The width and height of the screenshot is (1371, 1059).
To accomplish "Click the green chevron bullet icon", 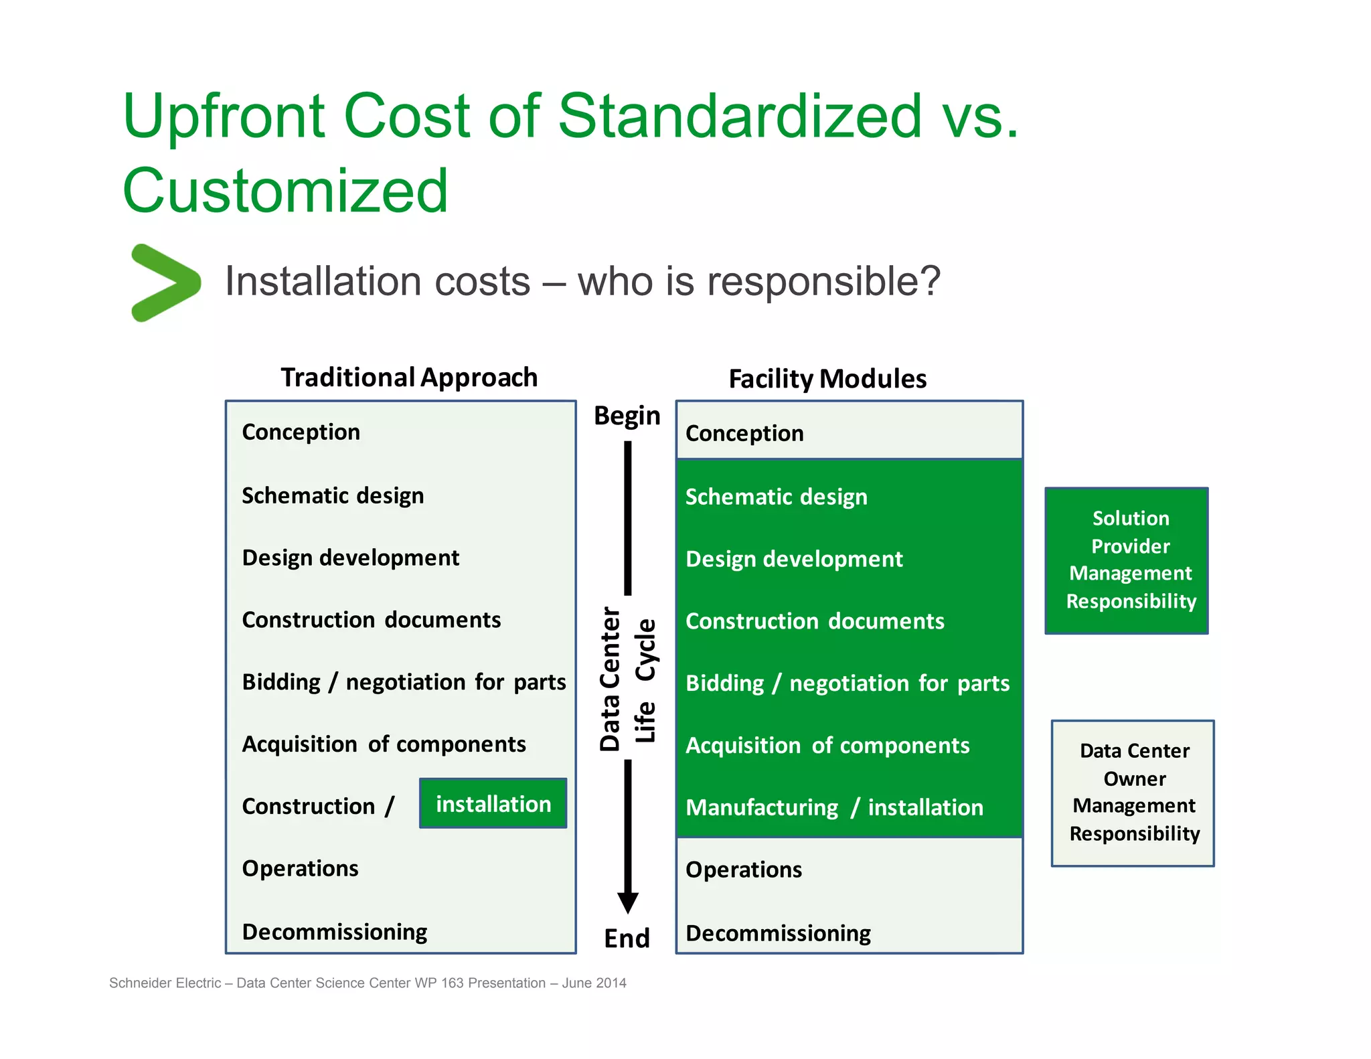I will [165, 282].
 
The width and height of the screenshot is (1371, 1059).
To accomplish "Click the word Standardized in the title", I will [740, 116].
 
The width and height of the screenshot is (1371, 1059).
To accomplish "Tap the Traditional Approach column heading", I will [409, 378].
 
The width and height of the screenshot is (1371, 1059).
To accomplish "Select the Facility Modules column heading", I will [827, 379].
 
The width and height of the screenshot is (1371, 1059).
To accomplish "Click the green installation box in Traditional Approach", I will [493, 803].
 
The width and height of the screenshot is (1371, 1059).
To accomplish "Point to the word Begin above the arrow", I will [627, 416].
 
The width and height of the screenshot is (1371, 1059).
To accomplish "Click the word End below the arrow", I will [627, 938].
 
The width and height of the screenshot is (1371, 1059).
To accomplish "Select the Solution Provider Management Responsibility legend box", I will [1127, 560].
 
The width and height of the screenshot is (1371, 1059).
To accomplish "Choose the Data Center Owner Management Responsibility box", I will [1133, 793].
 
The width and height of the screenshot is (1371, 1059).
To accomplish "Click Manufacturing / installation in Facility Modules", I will [834, 807].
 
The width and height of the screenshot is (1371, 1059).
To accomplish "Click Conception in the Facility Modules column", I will [744, 433].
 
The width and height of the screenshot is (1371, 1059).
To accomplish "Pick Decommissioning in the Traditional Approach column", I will [335, 932].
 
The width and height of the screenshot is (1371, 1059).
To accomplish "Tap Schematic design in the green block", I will [777, 497].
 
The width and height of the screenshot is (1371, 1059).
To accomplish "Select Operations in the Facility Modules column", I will [744, 870].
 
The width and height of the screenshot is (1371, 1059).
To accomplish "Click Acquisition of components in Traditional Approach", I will [384, 744].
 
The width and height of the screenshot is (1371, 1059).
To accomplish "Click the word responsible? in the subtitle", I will [824, 281].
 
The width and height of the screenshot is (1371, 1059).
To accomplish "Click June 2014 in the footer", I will [594, 983].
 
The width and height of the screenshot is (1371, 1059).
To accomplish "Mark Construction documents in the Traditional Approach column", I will [372, 620].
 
